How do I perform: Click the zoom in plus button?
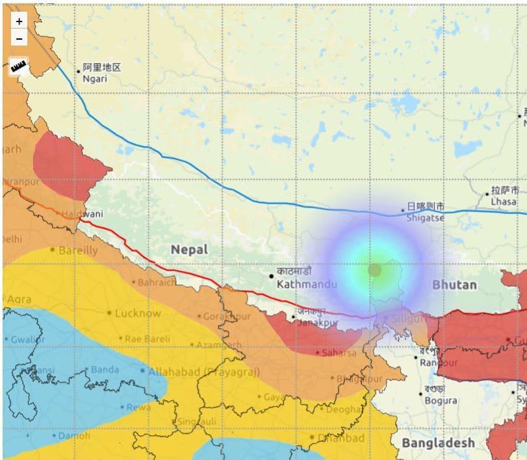(x=19, y=21)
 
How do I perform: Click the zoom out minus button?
(x=19, y=38)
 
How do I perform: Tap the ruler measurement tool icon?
(x=19, y=66)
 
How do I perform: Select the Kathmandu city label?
(x=307, y=284)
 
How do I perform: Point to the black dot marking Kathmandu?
(x=272, y=277)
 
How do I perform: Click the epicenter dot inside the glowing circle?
(x=374, y=269)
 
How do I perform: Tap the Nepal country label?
(x=189, y=249)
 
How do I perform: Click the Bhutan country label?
(x=454, y=285)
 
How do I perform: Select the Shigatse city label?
(x=426, y=218)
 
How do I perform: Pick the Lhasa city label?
(x=504, y=202)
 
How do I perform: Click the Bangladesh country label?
(x=437, y=442)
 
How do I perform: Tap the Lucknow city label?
(x=138, y=313)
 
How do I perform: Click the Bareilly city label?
(x=78, y=250)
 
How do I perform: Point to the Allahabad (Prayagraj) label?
(x=203, y=372)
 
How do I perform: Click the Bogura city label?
(x=441, y=401)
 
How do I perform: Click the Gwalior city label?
(x=27, y=339)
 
